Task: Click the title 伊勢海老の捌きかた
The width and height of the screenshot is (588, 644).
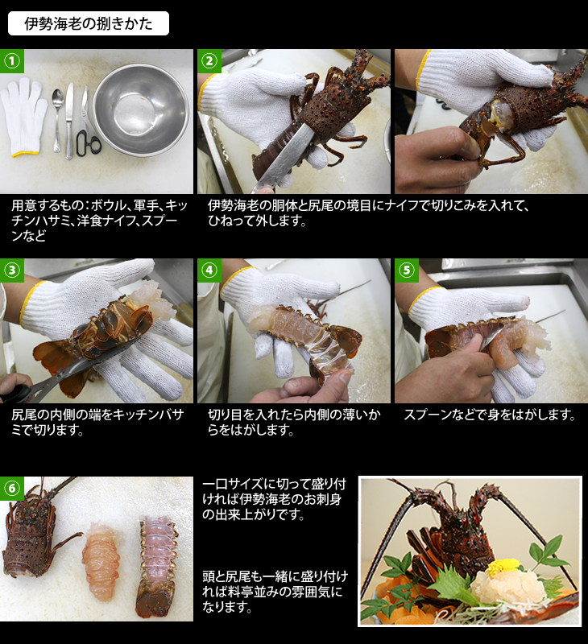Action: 89,23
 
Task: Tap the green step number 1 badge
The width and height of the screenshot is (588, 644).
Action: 12,61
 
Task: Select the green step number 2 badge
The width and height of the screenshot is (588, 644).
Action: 209,61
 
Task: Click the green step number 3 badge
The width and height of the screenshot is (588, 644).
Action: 12,270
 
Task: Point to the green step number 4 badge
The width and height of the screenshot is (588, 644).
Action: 209,270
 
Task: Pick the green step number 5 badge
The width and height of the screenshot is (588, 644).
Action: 407,270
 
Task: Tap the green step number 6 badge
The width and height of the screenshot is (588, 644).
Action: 12,489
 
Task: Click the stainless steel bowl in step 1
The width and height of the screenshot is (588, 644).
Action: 140,109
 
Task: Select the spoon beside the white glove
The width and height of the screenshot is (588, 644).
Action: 57,119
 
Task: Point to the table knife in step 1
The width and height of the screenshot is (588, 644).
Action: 69,121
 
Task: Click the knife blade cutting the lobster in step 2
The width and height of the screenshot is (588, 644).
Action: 284,158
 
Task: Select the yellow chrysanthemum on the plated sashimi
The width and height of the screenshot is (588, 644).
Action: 502,568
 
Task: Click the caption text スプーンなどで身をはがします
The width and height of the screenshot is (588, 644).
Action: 490,415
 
